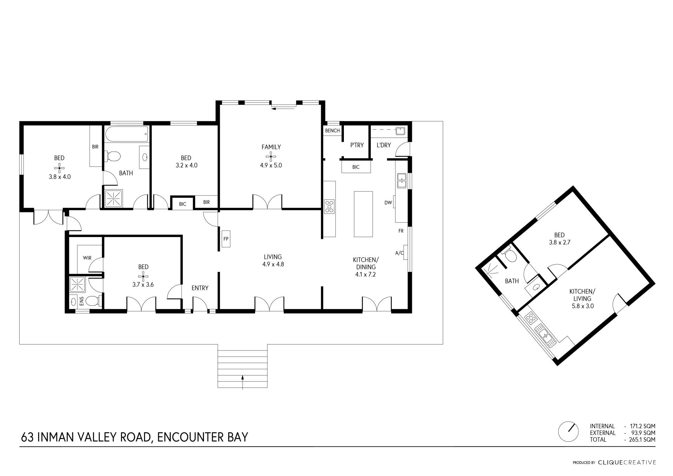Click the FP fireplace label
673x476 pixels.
coord(226,239)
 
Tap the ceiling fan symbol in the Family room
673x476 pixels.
coord(271,156)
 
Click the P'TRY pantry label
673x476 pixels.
coord(357,145)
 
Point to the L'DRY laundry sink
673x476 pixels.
coord(400,131)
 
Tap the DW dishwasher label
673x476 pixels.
coord(388,203)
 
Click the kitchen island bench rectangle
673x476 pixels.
coord(363,214)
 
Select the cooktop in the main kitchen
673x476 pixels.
coord(329,206)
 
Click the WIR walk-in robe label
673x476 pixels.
coord(87,258)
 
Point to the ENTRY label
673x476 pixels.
coord(200,288)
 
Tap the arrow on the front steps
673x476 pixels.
coord(242,382)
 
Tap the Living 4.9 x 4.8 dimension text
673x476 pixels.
coord(273,264)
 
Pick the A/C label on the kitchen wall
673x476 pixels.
coord(399,253)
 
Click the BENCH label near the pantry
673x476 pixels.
coord(332,131)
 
